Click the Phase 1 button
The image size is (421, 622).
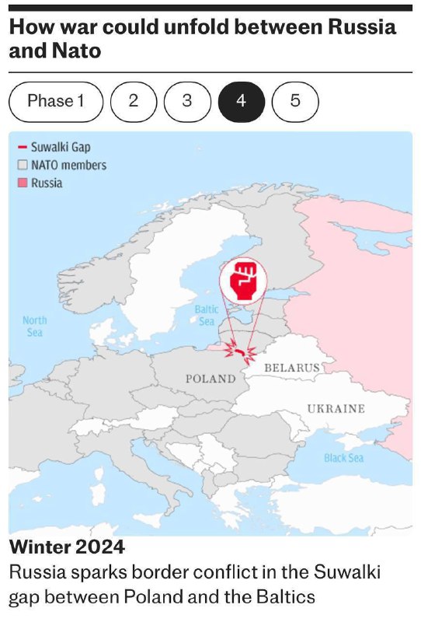(x=55, y=101)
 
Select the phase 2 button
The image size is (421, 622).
(x=134, y=101)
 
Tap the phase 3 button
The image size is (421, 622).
(x=187, y=101)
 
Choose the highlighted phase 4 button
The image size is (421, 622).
(x=241, y=101)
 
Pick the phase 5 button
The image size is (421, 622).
(x=295, y=101)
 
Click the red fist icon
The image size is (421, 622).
(x=242, y=281)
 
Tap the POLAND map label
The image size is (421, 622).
(x=210, y=379)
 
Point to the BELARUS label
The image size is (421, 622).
(x=292, y=366)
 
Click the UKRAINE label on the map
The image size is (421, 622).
(x=335, y=408)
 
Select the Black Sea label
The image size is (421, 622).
(x=343, y=458)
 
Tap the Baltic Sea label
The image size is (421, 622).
(x=206, y=315)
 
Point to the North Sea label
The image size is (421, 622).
(x=34, y=326)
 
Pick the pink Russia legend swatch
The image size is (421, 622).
(x=23, y=183)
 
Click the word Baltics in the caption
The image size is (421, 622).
(x=288, y=597)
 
